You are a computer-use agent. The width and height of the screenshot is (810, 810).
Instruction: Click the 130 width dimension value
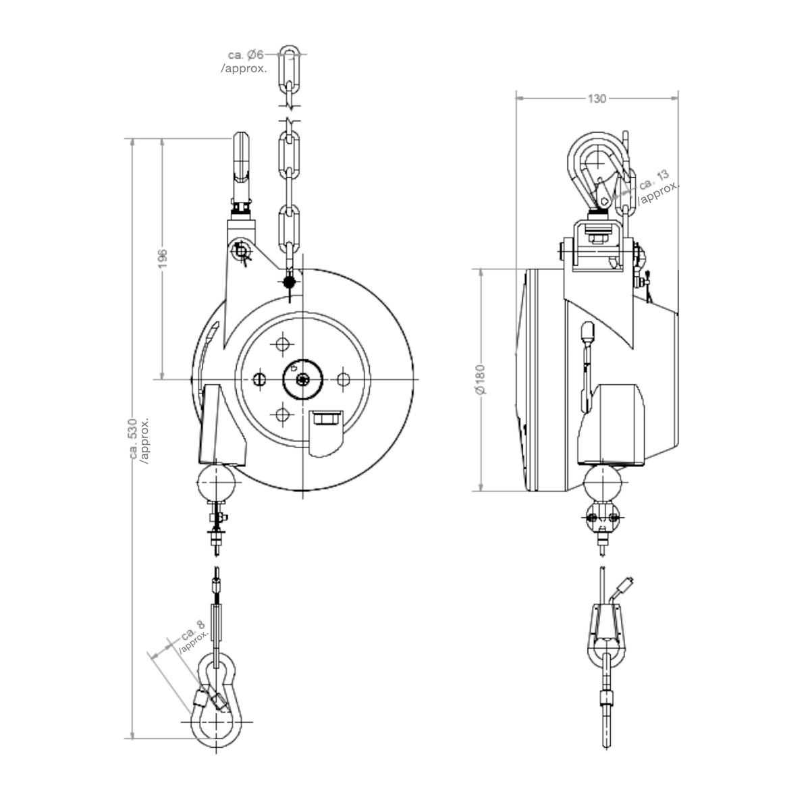(x=596, y=99)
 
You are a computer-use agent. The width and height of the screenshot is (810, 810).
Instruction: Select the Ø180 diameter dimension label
(x=480, y=382)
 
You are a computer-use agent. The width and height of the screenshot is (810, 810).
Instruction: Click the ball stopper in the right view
(x=603, y=483)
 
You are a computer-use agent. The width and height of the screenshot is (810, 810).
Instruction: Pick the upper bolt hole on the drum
(x=282, y=345)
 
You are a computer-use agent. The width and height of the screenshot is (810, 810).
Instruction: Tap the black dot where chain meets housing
(x=289, y=281)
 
